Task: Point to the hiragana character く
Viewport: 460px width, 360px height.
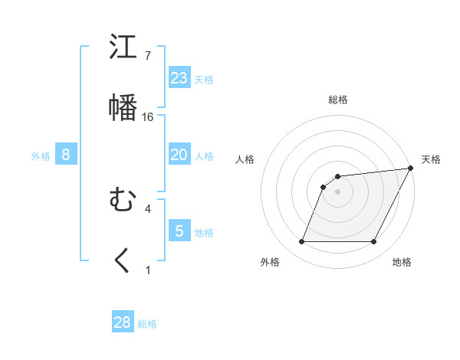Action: coord(123,261)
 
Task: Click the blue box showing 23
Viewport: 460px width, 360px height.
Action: coord(179,78)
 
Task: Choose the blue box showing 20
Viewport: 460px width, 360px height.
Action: coord(179,155)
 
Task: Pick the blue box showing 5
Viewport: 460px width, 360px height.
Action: coord(179,231)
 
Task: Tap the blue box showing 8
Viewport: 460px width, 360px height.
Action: coord(66,155)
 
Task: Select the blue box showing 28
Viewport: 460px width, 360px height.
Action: coord(123,322)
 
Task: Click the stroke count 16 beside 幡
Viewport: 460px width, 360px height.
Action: coord(148,117)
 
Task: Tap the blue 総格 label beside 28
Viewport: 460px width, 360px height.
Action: coord(147,324)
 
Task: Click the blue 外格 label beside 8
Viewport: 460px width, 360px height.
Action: coord(41,156)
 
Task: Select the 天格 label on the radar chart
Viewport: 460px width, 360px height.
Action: coord(431,159)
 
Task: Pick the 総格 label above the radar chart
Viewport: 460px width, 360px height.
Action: coord(337,100)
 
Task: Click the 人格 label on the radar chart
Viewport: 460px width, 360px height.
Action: coord(245,159)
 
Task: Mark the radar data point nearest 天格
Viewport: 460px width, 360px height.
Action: coord(411,169)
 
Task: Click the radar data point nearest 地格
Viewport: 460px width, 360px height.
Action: coord(374,242)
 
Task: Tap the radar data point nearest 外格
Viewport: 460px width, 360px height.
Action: coord(301,242)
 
